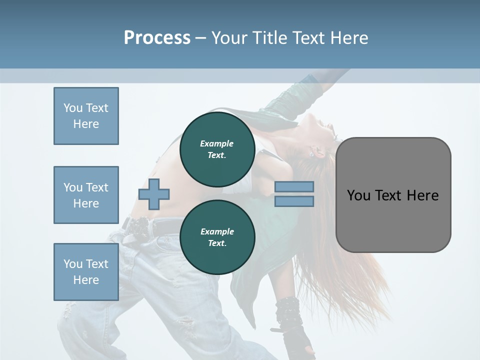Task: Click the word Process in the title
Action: tap(157, 38)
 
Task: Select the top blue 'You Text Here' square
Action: tap(86, 116)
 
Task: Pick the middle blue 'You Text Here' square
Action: tap(86, 195)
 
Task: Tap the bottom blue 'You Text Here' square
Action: tap(86, 272)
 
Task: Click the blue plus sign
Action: tap(154, 194)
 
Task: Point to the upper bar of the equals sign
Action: tap(294, 187)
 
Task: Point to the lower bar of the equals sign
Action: tap(294, 201)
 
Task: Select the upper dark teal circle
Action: tap(217, 149)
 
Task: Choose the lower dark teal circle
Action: tap(217, 237)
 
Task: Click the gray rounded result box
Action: tap(393, 220)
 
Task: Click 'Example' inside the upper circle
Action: tap(217, 143)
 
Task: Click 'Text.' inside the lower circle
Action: tap(217, 243)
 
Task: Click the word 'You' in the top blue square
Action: tap(73, 108)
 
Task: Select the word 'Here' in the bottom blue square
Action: tap(86, 280)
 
